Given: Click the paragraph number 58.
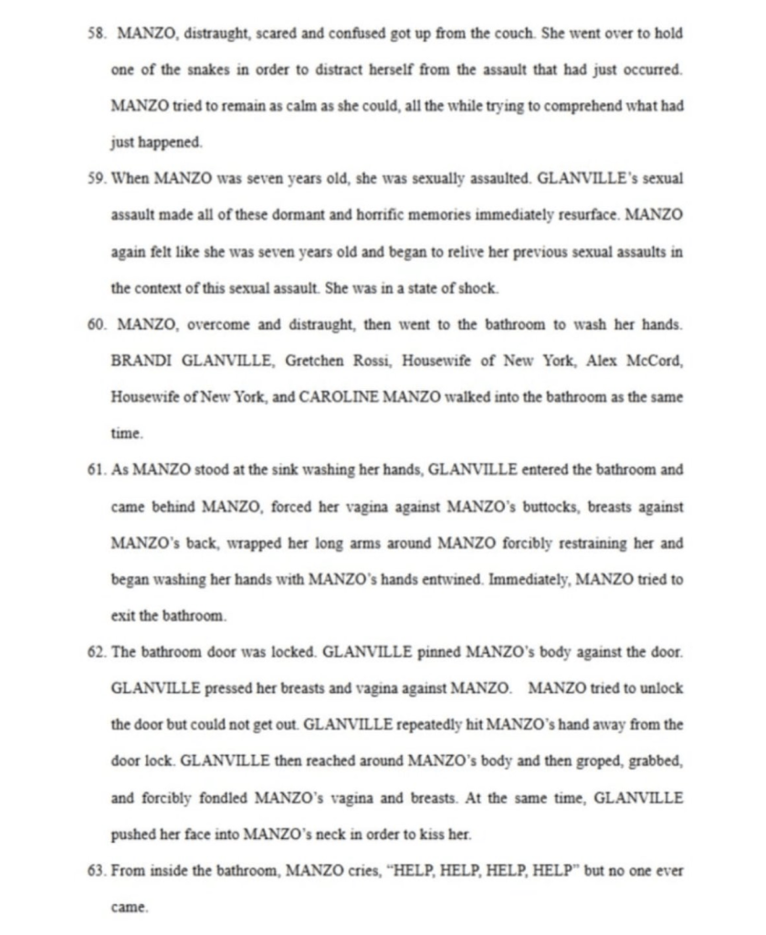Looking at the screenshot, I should click(96, 34).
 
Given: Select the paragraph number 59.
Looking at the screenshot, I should click(96, 179).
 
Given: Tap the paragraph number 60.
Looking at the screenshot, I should click(96, 324).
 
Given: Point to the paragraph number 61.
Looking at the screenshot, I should click(96, 470).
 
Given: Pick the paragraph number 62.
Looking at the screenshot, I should click(96, 653).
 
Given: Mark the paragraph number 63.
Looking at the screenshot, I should click(96, 871).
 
